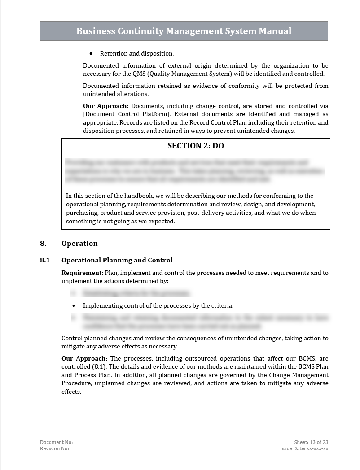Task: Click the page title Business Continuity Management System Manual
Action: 184,31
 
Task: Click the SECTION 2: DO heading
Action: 195,146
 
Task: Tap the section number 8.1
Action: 44,260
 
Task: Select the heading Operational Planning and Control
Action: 117,260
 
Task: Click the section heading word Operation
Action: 79,244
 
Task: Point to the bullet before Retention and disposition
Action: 91,54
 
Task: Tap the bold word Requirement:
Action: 82,273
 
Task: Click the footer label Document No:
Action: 56,442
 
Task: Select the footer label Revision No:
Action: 54,448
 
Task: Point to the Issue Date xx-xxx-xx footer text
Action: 304,448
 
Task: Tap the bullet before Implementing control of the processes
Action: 74,305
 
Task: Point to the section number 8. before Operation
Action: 43,244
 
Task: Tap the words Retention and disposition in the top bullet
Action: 137,54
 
